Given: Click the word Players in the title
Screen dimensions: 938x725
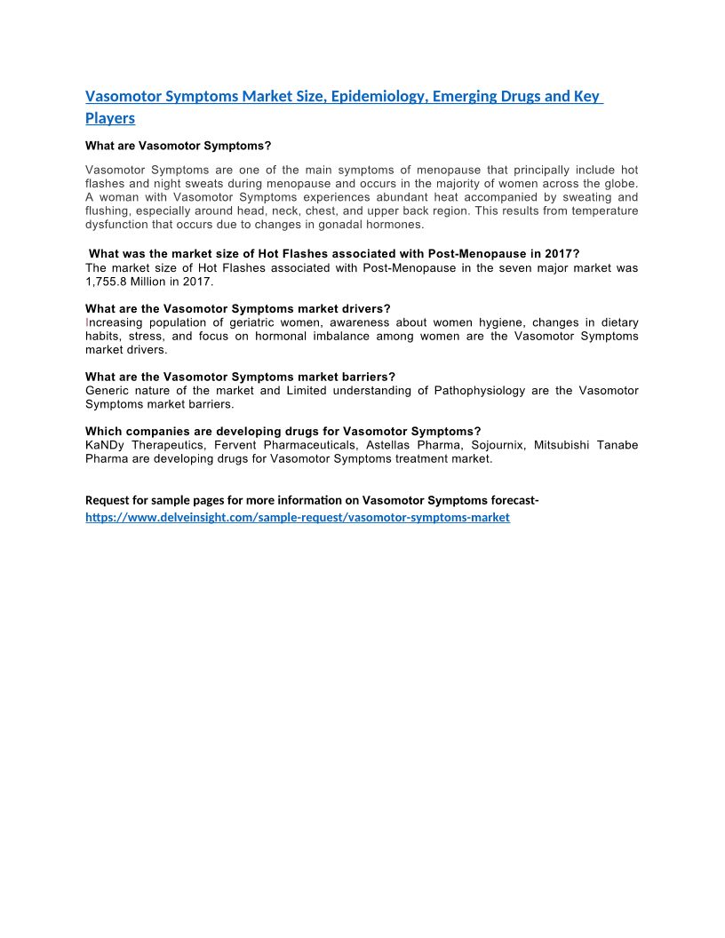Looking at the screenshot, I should pos(110,117).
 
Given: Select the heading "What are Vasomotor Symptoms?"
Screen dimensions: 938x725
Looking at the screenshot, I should pos(178,145).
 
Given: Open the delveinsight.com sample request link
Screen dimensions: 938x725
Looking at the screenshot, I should pos(298,517).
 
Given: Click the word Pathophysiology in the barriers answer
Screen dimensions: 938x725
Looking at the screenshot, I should pos(480,391).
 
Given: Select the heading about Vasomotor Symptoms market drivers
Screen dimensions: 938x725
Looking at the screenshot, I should pos(238,309).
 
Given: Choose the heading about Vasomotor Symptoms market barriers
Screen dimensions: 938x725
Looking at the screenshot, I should pos(240,377).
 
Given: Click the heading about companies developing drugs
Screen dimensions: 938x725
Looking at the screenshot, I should pos(283,432).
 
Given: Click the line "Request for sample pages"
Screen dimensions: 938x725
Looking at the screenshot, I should pos(312,500).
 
